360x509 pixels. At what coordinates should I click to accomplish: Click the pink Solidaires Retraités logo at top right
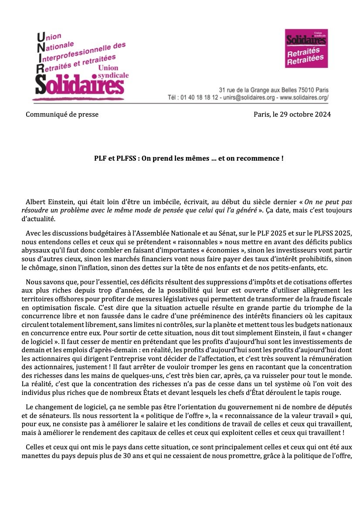click(306, 48)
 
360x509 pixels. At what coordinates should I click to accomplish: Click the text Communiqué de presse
click(62, 115)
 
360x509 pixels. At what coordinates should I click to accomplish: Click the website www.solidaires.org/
click(304, 98)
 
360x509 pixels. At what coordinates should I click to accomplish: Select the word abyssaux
click(35, 251)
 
